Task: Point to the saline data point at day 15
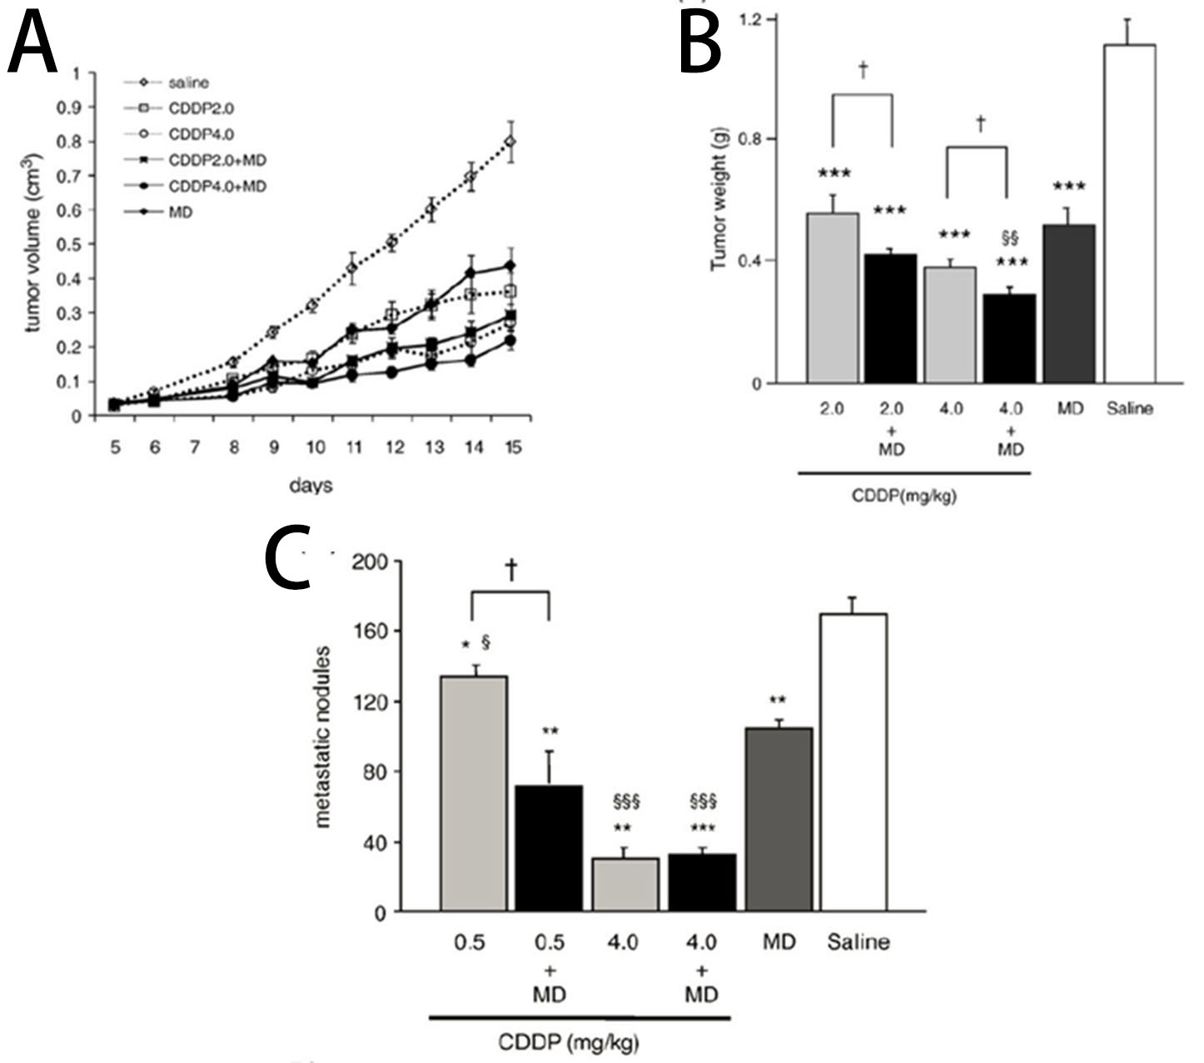tap(510, 142)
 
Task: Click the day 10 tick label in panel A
tap(314, 448)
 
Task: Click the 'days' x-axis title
tap(311, 485)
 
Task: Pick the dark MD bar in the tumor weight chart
tap(1069, 303)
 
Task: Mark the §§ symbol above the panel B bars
tap(1010, 239)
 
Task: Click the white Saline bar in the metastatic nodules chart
tap(853, 762)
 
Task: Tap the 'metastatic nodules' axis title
tap(323, 736)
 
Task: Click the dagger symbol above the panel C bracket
tap(510, 570)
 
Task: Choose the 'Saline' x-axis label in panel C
tap(858, 942)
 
